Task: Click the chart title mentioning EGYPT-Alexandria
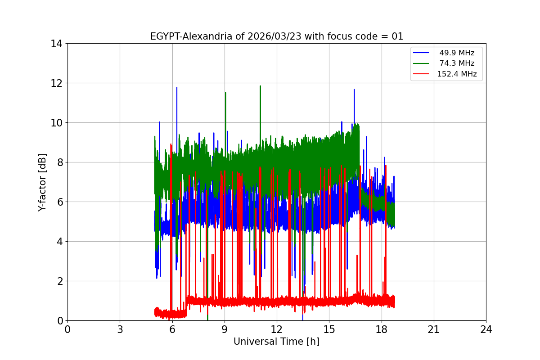(x=276, y=36)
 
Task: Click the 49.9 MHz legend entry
(x=457, y=53)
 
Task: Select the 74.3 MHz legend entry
(x=457, y=63)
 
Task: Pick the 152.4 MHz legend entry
(x=457, y=74)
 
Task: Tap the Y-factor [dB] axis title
(x=42, y=182)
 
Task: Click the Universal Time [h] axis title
(x=276, y=342)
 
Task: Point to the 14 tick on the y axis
(x=57, y=44)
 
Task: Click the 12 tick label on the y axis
(x=57, y=83)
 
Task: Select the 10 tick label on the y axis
(x=57, y=123)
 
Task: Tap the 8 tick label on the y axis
(x=59, y=162)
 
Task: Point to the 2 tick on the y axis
(x=59, y=281)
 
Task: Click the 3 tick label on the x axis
(x=120, y=329)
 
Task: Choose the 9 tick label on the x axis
(x=225, y=329)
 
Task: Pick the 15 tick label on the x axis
(x=329, y=329)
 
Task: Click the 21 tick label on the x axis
(x=434, y=329)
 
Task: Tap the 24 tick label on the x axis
(x=486, y=329)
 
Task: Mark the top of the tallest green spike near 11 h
(x=260, y=86)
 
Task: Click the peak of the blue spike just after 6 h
(x=177, y=87)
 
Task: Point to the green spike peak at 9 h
(x=225, y=93)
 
